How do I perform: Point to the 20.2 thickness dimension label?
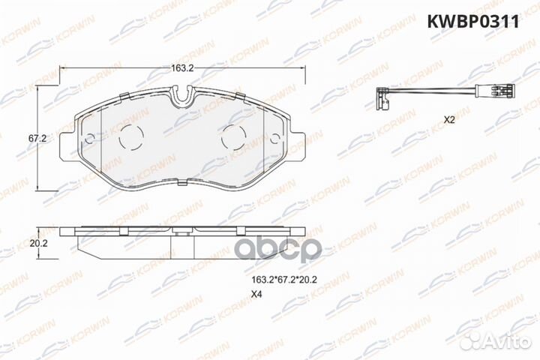[38, 243]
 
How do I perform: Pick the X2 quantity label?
[449, 120]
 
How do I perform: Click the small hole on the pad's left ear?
[89, 138]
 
